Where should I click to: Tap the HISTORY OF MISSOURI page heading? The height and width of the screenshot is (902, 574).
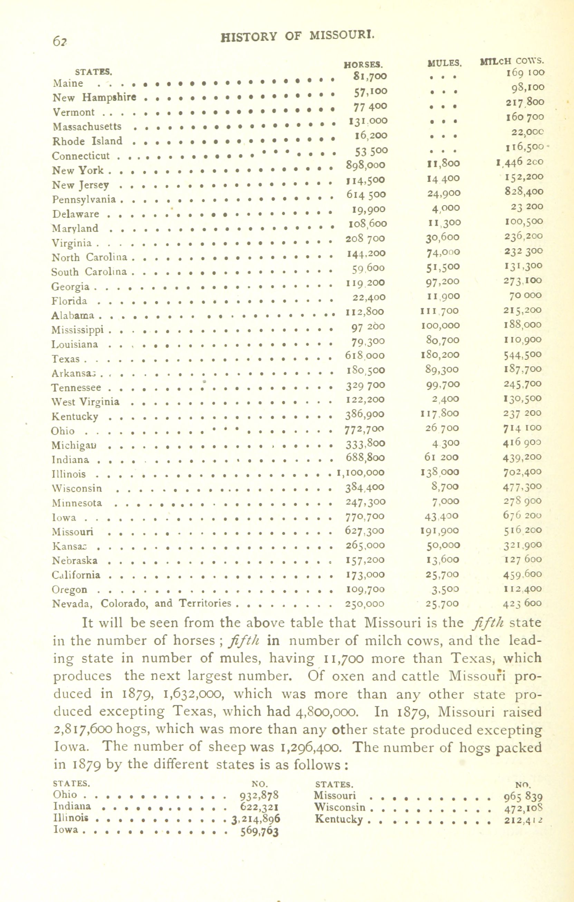pos(297,36)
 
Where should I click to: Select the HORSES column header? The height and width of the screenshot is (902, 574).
pos(363,65)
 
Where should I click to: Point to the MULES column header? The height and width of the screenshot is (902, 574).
pos(444,63)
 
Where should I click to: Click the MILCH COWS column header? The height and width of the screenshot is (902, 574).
pos(512,61)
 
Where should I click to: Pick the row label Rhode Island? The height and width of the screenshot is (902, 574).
pos(87,141)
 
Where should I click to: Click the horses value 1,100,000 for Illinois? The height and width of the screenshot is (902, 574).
pos(361,473)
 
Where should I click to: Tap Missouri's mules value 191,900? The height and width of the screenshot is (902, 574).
pos(440,531)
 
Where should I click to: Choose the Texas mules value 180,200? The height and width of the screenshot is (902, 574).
pos(440,355)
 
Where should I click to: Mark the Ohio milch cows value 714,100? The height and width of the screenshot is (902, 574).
pos(522,428)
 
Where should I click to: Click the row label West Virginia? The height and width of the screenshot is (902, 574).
pos(85,402)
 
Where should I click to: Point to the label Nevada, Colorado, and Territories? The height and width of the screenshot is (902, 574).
pos(141,603)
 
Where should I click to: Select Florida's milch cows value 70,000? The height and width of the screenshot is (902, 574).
pos(525,295)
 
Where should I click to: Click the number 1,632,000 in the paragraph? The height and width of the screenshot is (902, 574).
pos(194,694)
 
